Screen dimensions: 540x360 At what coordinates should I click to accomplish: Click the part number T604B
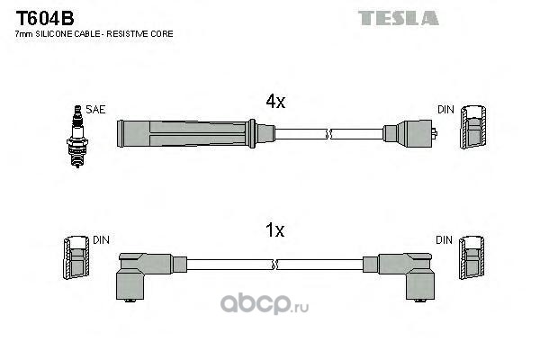click(45, 18)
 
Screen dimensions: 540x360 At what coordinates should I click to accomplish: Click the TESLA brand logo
click(399, 18)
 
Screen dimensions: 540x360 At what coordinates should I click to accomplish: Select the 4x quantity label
click(275, 102)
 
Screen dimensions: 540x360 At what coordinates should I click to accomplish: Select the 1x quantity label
click(275, 229)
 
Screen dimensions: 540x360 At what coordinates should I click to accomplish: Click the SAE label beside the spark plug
click(95, 110)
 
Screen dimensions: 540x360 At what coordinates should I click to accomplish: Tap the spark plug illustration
click(77, 137)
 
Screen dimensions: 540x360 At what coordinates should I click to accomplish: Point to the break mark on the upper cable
click(328, 134)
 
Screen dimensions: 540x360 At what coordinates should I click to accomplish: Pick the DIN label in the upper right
click(446, 110)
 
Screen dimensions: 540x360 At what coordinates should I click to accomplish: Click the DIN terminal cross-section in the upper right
click(473, 127)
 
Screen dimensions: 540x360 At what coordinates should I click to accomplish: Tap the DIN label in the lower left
click(101, 240)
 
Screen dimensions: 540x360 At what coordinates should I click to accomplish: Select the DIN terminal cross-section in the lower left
click(76, 257)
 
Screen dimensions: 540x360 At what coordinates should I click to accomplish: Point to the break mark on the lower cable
click(274, 265)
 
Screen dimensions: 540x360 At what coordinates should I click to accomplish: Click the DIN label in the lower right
click(445, 240)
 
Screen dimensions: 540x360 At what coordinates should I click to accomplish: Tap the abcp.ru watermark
click(265, 303)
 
